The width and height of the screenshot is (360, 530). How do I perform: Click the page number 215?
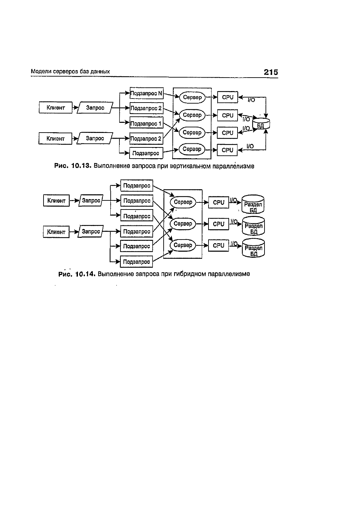tap(271, 72)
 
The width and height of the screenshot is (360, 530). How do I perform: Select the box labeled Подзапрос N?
tap(147, 93)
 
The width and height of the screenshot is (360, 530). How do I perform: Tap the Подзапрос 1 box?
tap(146, 123)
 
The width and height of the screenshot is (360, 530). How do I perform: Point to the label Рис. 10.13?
tap(73, 166)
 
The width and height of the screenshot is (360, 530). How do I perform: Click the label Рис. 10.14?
tap(77, 274)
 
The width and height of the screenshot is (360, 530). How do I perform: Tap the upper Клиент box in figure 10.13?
tap(56, 108)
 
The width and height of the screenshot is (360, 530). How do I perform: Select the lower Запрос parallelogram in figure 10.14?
tap(91, 231)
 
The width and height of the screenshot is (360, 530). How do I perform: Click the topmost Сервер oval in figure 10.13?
tap(192, 97)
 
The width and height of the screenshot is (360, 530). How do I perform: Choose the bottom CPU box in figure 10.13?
tap(227, 150)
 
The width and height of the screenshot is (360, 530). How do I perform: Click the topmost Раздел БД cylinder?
tap(253, 204)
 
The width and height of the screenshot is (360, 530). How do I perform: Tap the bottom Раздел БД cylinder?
tap(253, 248)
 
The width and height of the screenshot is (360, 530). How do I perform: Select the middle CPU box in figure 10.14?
tap(218, 224)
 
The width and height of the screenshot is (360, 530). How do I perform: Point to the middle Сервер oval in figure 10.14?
tap(183, 224)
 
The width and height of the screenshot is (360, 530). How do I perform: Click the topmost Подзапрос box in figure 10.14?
tap(137, 186)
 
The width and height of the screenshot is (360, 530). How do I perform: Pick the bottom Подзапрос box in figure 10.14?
tap(137, 262)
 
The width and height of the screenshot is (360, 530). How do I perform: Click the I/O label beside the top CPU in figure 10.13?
tap(251, 100)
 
